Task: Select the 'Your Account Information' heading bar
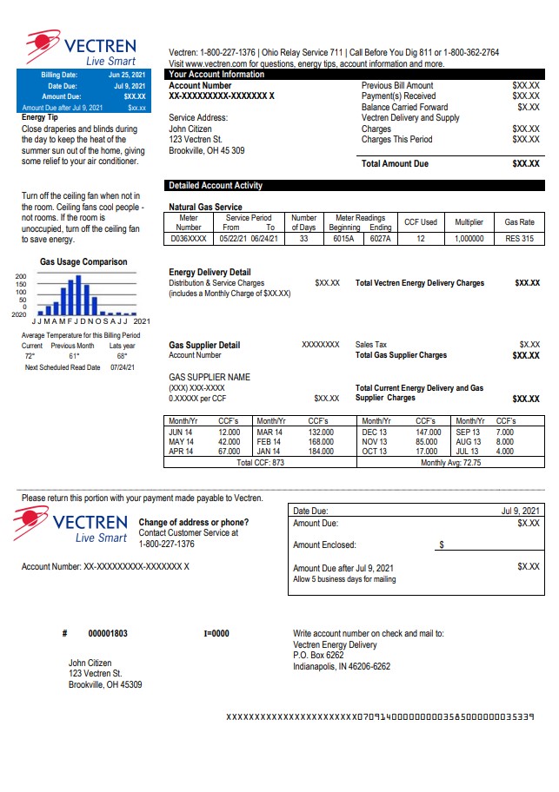coord(216,75)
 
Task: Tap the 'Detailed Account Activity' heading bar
coord(215,186)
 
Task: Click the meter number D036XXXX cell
coord(188,239)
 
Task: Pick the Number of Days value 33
coord(303,239)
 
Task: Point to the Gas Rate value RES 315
coord(519,239)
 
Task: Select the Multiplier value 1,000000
coord(469,239)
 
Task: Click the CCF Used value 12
coord(421,239)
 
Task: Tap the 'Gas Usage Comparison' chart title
coord(83,262)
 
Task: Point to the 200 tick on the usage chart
coord(21,276)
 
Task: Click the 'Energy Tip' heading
coord(40,116)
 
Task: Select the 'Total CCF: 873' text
coord(260,463)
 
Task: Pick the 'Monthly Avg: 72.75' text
coord(450,463)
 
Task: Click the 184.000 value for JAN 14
coord(321,452)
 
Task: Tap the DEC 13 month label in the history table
coord(375,432)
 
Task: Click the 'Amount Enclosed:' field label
coord(324,545)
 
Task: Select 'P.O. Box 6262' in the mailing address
coord(318,656)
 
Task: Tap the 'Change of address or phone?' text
coord(194,522)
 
